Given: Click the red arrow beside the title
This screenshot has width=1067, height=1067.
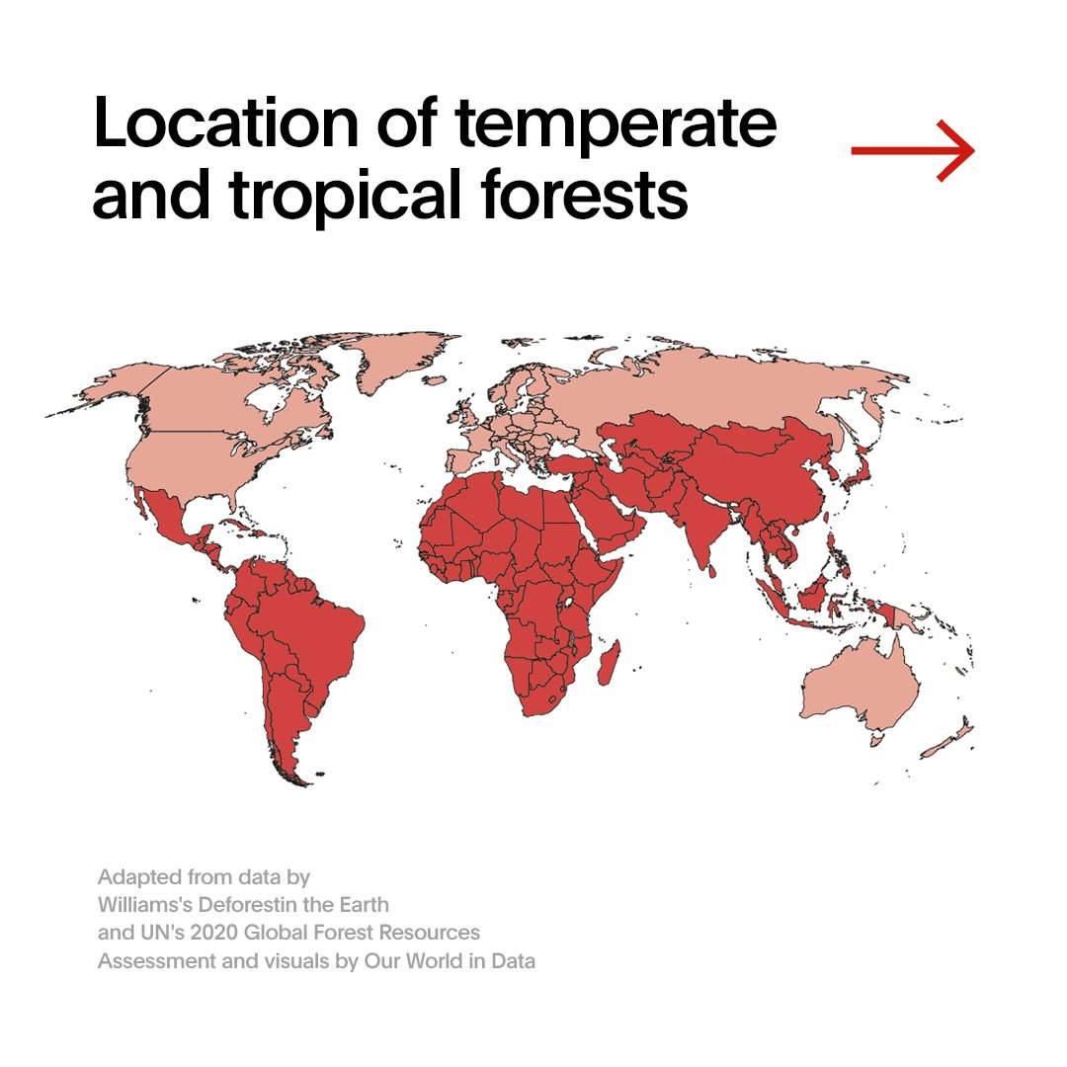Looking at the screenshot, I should click(913, 151).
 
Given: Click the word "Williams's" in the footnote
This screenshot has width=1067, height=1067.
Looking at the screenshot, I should click(146, 904).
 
